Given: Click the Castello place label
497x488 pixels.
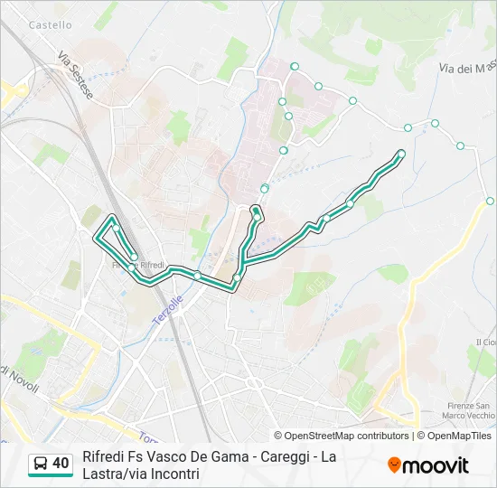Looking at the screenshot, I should click(x=50, y=25).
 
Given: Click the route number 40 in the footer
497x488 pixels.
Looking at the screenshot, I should click(x=61, y=464).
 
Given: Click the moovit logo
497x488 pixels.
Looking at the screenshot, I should click(x=428, y=465).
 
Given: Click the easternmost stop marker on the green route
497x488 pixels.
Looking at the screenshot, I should click(x=401, y=154).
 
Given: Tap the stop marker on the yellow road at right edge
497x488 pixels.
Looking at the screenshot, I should click(x=490, y=201).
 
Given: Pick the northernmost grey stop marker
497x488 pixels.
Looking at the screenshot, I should click(x=295, y=66).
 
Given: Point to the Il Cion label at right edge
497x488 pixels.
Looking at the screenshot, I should click(x=485, y=343).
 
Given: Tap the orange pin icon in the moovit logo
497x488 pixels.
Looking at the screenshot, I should click(x=394, y=465).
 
